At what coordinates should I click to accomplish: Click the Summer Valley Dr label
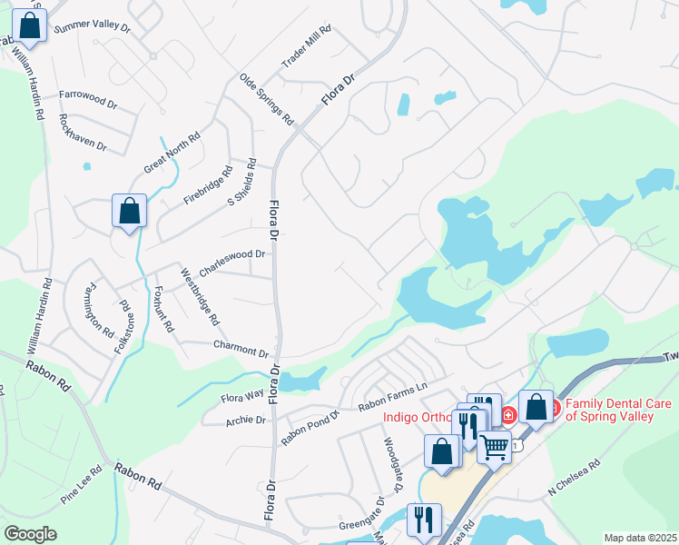[93, 28]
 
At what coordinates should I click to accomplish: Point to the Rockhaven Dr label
[83, 132]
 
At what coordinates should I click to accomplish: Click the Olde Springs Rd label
[266, 100]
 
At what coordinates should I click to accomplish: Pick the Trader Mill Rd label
[307, 46]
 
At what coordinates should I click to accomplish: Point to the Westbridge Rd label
[199, 297]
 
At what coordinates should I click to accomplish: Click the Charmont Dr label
[241, 348]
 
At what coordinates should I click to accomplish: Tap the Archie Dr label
[247, 420]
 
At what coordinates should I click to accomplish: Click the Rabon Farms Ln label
[392, 396]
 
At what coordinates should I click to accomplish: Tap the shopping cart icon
[495, 446]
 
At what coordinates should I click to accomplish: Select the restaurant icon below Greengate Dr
[424, 520]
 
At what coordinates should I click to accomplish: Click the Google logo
[30, 533]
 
